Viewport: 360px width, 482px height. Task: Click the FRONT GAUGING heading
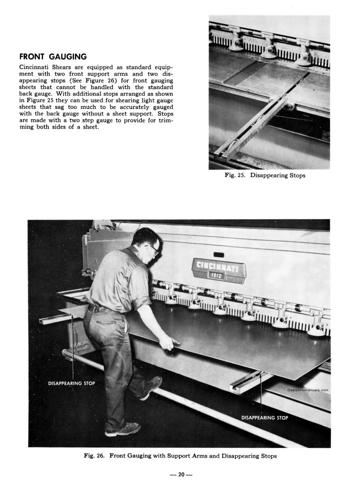pos(53,57)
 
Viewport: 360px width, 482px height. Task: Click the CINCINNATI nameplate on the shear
pos(219,266)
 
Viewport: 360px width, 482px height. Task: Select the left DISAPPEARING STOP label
pos(71,383)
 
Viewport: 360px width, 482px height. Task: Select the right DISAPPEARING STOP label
pos(264,418)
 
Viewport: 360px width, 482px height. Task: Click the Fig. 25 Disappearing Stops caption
pos(265,176)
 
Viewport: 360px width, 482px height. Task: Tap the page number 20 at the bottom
pos(181,474)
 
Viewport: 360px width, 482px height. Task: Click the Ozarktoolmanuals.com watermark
pos(308,390)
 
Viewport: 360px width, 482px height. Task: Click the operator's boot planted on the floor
pos(122,429)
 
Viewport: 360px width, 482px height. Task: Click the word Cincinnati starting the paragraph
pos(37,67)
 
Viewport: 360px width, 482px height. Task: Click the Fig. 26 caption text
pos(180,456)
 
